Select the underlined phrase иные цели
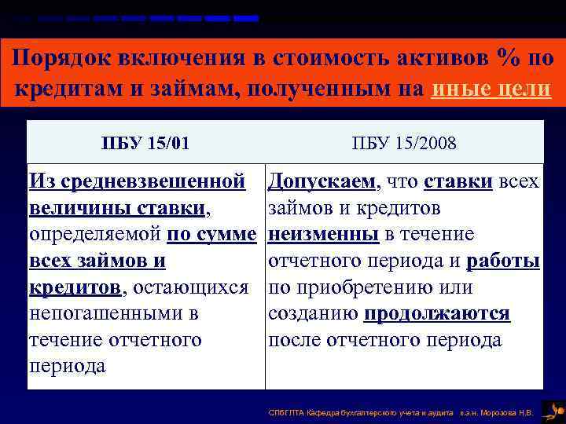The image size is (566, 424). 491,89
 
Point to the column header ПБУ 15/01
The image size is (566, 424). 145,143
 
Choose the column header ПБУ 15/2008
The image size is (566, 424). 403,143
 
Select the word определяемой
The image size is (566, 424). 95,235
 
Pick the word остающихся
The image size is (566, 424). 191,287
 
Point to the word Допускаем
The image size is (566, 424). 322,182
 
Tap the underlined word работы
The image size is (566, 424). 502,261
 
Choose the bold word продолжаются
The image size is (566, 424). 437,314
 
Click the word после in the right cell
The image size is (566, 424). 295,340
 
